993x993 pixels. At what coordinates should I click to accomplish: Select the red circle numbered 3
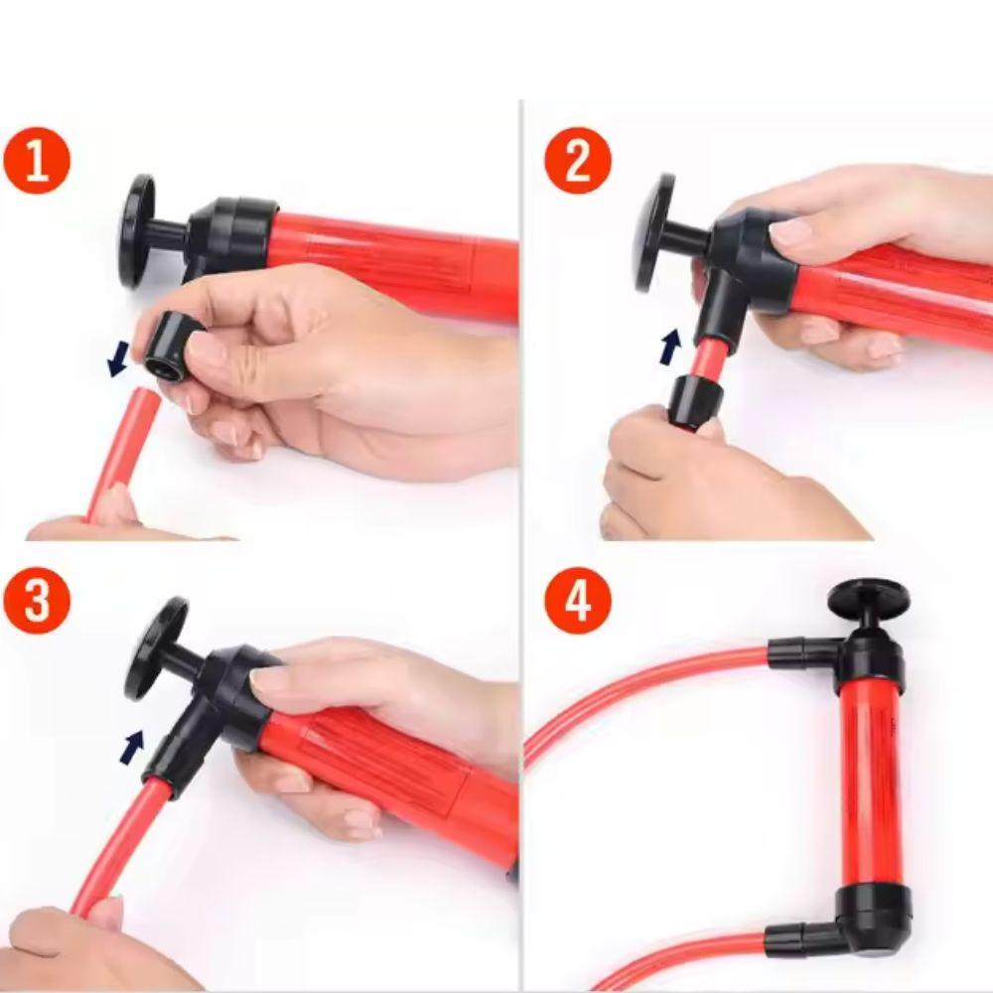click(36, 600)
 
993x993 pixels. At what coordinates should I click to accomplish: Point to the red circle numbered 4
click(578, 600)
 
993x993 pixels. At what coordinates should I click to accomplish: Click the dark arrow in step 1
click(118, 358)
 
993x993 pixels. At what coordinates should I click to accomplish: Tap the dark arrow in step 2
click(670, 346)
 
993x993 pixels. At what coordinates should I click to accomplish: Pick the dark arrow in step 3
click(133, 747)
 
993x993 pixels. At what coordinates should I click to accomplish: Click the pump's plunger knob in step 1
click(138, 231)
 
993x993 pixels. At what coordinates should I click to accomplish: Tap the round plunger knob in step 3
click(155, 647)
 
